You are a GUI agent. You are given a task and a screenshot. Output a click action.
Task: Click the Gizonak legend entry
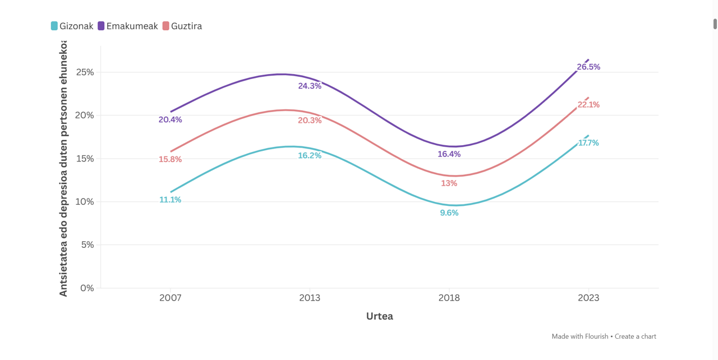click(72, 26)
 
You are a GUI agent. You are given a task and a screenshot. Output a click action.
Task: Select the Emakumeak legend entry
click(128, 26)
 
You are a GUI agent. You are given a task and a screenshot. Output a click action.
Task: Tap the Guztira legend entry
click(182, 26)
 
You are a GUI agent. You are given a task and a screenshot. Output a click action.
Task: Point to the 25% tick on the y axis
click(85, 72)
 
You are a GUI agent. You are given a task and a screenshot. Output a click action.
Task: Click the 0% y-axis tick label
click(87, 288)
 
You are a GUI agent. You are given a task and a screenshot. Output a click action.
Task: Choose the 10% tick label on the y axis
click(85, 202)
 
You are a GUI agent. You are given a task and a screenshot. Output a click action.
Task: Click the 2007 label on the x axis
click(170, 298)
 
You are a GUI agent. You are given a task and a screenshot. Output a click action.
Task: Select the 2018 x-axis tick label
click(449, 298)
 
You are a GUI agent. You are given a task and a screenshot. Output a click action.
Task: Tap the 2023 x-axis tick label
click(588, 298)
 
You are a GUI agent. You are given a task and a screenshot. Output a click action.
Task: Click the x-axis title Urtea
click(380, 316)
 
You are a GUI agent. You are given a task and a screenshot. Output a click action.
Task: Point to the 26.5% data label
click(588, 67)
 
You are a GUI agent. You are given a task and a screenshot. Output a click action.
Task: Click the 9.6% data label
click(449, 213)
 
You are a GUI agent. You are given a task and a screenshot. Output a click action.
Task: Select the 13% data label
click(449, 183)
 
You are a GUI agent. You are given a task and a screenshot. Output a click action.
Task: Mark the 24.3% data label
click(310, 86)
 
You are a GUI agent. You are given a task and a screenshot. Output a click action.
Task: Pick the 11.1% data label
click(170, 200)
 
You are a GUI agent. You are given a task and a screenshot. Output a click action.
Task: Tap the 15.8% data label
click(170, 159)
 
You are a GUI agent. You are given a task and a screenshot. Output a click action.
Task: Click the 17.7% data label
click(588, 143)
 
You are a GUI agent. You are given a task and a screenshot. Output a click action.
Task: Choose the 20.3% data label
click(310, 121)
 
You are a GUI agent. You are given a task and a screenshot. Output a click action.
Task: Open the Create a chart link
click(636, 336)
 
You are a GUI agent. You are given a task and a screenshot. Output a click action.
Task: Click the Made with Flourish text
click(580, 336)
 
